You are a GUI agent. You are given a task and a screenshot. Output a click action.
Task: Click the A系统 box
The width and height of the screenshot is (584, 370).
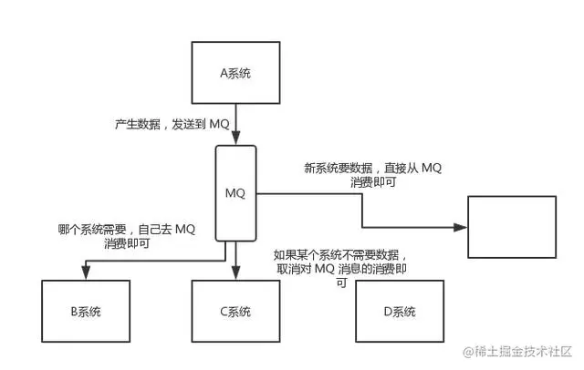[x=236, y=71]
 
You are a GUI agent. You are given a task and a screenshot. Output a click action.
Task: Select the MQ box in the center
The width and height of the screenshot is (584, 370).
[x=235, y=193]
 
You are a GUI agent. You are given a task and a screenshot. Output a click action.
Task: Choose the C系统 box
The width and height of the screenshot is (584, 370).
[x=235, y=312]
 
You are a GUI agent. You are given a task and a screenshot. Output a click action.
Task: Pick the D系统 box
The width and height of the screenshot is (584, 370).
[x=399, y=312]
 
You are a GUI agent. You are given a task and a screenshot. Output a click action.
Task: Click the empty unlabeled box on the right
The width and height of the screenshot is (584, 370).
[x=511, y=227]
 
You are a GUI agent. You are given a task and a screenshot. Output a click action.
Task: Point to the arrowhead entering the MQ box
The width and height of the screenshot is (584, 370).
[x=236, y=139]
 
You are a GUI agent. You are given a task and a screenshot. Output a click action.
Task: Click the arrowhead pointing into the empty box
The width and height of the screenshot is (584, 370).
[x=461, y=227]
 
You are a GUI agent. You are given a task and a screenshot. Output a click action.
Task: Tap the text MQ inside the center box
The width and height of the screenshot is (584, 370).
[x=235, y=193]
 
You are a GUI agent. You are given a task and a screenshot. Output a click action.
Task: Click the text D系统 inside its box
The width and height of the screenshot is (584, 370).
[x=399, y=312]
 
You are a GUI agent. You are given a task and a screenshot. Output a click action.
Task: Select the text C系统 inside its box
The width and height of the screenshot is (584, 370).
[x=235, y=312]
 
